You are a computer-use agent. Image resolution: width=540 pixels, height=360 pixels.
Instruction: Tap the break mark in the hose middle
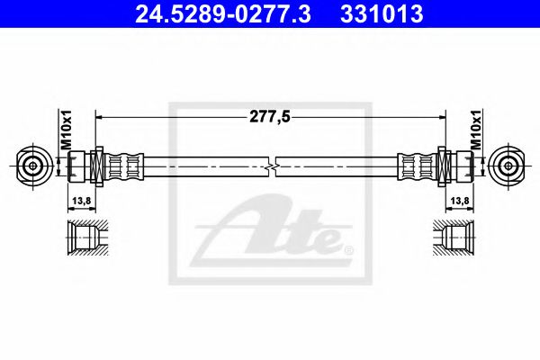click(x=273, y=166)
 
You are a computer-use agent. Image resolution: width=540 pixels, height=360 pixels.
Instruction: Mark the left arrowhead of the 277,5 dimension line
click(x=99, y=116)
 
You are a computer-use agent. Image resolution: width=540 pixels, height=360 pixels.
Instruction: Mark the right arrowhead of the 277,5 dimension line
click(x=443, y=116)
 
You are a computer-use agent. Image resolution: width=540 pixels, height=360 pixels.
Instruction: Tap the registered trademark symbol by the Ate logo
click(x=349, y=249)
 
